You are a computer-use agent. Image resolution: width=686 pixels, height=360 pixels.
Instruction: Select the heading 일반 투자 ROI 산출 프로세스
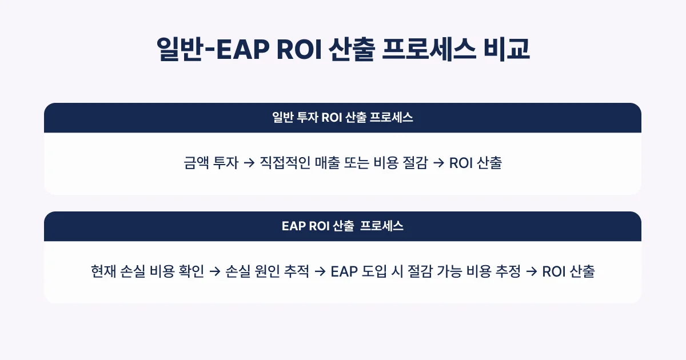342,118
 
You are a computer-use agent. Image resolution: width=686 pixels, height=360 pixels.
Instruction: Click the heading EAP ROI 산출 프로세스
342,226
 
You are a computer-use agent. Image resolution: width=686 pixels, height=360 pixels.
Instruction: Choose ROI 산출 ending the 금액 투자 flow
476,163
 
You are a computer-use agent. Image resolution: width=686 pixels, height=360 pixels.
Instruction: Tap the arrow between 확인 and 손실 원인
214,272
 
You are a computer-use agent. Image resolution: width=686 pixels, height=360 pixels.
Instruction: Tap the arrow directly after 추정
531,272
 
